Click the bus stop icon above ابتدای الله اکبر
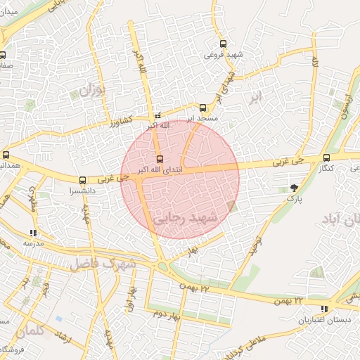point(160,159)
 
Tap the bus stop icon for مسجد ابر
point(203,108)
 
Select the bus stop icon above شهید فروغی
point(223,43)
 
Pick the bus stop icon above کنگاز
point(326,157)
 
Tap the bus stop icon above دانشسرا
point(83,180)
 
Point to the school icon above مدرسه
point(32,233)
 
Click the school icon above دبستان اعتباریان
point(323,309)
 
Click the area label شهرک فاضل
point(101,263)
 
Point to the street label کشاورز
point(124,121)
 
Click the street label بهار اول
point(131,300)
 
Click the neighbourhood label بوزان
point(92,90)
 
